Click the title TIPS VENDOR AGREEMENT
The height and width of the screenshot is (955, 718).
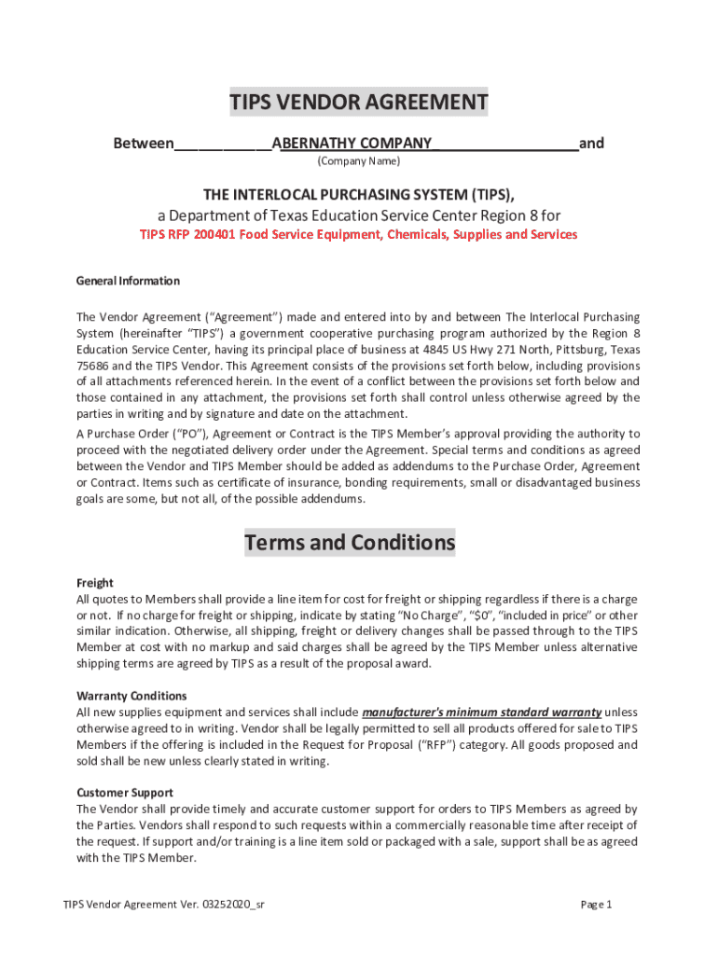(x=359, y=102)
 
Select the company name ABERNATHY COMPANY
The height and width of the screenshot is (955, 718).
(x=355, y=144)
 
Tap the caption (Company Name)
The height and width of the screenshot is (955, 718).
(x=358, y=161)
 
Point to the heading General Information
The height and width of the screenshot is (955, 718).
(x=128, y=281)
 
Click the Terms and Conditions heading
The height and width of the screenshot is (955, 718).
(x=350, y=542)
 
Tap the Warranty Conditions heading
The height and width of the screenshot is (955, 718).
(x=131, y=696)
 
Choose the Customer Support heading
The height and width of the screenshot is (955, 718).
(x=124, y=793)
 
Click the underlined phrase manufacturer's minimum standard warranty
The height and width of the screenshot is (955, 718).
(x=481, y=713)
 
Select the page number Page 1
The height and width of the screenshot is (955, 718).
(x=596, y=905)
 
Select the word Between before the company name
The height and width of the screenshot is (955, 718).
(x=143, y=144)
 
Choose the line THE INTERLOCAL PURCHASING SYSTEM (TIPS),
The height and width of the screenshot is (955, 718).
(x=359, y=194)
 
